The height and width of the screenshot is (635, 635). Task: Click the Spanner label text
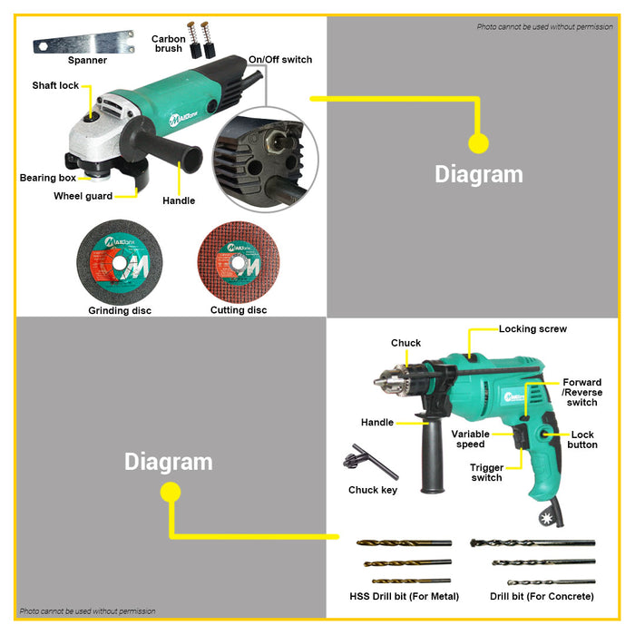coord(87,60)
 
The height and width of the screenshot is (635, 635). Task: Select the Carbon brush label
coord(169,44)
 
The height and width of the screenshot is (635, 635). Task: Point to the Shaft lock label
coord(56,85)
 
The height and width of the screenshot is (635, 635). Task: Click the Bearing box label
coord(48,178)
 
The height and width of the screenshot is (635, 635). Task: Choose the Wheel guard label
coord(83,196)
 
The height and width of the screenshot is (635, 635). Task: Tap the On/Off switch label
coord(280,60)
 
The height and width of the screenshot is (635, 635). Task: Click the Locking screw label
coord(533,329)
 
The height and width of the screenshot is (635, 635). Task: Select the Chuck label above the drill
coord(406,343)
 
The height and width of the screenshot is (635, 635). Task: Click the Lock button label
coord(582,440)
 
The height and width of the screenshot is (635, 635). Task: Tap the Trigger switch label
coord(486,473)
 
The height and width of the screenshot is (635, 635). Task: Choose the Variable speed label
coord(471,439)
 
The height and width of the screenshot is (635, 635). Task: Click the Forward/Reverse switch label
coord(581,393)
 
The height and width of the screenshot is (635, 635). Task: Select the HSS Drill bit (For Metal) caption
coord(405,596)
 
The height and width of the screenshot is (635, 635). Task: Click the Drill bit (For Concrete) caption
coord(542,596)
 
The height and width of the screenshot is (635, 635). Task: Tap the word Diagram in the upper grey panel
coord(479,174)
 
